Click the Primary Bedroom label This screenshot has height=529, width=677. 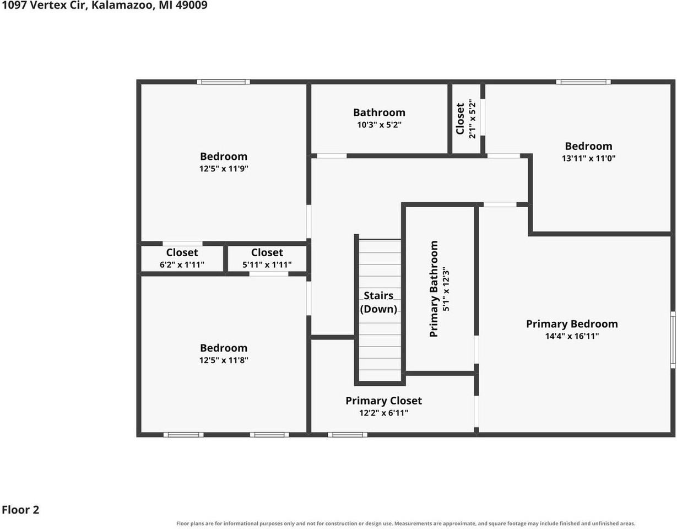[572, 324]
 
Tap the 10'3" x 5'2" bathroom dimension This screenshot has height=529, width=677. [379, 125]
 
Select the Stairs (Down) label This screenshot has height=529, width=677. [378, 302]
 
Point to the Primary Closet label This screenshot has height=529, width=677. [383, 401]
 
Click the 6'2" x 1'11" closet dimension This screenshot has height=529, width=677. [182, 264]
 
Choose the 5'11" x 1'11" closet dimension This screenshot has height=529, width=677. [267, 264]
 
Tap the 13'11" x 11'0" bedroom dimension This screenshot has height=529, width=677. [588, 158]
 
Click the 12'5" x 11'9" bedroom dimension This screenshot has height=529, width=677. [224, 169]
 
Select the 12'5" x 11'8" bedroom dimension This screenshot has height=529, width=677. [224, 360]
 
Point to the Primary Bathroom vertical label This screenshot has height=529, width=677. [434, 289]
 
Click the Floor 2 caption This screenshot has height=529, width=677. [20, 510]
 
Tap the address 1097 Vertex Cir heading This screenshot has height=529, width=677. [44, 5]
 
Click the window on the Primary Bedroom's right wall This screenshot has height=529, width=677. [673, 340]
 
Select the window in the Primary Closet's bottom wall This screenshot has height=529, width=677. [348, 435]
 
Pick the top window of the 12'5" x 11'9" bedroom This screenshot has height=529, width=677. [224, 82]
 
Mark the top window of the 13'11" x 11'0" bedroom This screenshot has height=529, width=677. [583, 82]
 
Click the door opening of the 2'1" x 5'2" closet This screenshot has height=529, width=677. [483, 117]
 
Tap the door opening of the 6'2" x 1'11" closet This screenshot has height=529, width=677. [182, 244]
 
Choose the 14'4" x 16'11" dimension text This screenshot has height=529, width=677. [572, 336]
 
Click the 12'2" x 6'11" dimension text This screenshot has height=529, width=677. [383, 413]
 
